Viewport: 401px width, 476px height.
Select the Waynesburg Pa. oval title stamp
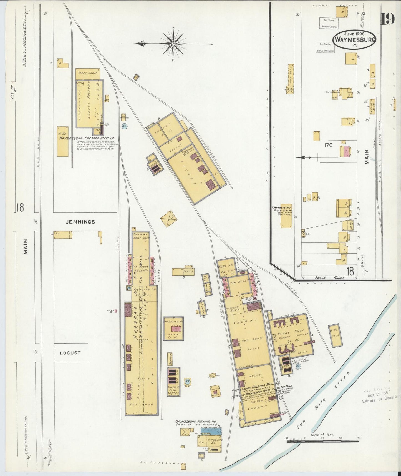pos(354,39)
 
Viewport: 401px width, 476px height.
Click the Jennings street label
pos(80,222)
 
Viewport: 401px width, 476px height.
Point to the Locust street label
pos(70,353)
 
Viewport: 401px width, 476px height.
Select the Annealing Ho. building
pos(173,328)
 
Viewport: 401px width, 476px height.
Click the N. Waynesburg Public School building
pos(286,219)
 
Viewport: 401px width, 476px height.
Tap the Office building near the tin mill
pos(183,272)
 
